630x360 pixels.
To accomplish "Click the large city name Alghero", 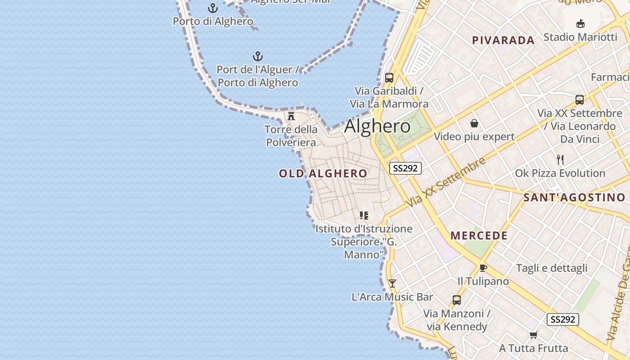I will [x=377, y=126].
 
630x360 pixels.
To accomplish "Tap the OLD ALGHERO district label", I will [x=323, y=174].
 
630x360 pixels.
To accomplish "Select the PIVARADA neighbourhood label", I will [x=503, y=40].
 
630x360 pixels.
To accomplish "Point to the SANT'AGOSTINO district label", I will [x=574, y=198].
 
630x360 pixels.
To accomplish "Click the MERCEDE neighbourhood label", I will [x=479, y=236].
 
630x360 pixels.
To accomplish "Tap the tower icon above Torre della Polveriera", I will [x=291, y=116].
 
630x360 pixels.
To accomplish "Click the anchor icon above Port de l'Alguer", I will [x=257, y=56].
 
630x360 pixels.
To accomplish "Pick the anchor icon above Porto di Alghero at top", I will [x=212, y=8].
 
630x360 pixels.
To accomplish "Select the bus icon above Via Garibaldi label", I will [x=389, y=77].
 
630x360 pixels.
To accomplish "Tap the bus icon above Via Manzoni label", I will [x=456, y=300].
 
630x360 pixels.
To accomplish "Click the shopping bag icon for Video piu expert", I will [x=474, y=123].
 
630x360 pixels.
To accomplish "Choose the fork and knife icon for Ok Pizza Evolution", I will [x=560, y=160].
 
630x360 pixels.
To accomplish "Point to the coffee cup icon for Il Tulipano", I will [x=483, y=268].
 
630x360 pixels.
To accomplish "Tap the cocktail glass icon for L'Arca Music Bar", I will [x=392, y=283].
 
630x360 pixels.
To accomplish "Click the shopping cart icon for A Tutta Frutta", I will [x=533, y=335].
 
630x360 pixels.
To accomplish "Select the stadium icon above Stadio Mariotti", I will [x=580, y=24].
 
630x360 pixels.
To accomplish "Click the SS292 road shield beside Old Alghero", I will [x=405, y=168].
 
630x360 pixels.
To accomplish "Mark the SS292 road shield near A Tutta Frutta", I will [x=562, y=319].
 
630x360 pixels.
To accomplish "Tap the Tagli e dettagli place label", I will [x=552, y=268].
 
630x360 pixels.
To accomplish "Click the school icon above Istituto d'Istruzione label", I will [x=364, y=216].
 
